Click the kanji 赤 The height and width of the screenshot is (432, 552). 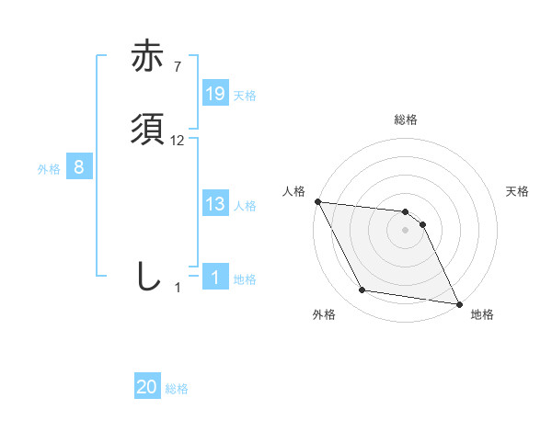pyautogui.click(x=149, y=57)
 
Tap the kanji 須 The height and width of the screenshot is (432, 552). pyautogui.click(x=149, y=129)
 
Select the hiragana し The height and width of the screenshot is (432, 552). pyautogui.click(x=147, y=277)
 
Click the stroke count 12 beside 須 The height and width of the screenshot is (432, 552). pyautogui.click(x=178, y=140)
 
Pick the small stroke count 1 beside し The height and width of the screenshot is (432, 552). pyautogui.click(x=178, y=288)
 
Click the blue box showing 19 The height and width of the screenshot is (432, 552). pyautogui.click(x=215, y=94)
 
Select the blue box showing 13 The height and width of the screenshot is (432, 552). pyautogui.click(x=215, y=204)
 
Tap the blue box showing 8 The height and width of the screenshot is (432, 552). pyautogui.click(x=79, y=167)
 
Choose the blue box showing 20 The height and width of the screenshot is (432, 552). pyautogui.click(x=147, y=387)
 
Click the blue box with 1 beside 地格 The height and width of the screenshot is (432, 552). pyautogui.click(x=215, y=278)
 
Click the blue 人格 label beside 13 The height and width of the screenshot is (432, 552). pyautogui.click(x=245, y=206)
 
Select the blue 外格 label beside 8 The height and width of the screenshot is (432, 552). pyautogui.click(x=49, y=169)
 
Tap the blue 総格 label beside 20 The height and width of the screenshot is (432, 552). pyautogui.click(x=177, y=389)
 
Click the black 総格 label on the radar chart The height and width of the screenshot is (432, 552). pyautogui.click(x=406, y=119)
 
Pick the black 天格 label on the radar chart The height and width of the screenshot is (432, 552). pyautogui.click(x=518, y=191)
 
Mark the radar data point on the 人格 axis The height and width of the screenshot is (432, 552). pyautogui.click(x=317, y=201)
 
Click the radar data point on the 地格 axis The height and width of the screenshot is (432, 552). pyautogui.click(x=458, y=303)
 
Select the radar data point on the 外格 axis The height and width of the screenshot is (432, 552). pyautogui.click(x=362, y=290)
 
